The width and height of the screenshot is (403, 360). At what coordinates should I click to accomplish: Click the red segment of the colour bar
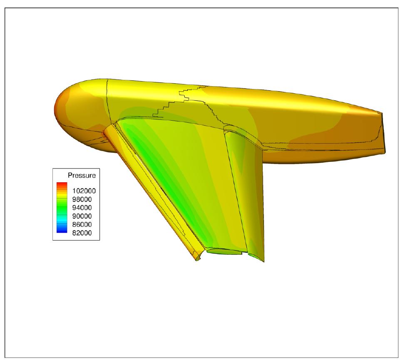(x=62, y=184)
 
